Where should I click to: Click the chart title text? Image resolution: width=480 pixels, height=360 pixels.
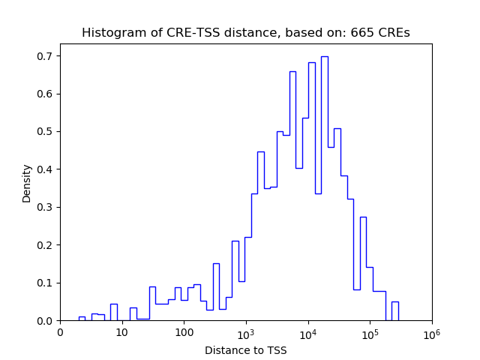tap(245, 33)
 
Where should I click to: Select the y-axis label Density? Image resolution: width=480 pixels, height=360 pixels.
tap(27, 183)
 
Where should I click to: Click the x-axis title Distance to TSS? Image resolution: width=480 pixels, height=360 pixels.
tap(245, 350)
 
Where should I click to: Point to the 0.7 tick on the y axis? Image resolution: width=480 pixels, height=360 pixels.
tap(46, 56)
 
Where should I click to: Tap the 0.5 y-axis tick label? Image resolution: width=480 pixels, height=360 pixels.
tap(46, 132)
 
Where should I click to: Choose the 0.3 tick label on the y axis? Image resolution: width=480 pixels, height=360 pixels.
tap(46, 208)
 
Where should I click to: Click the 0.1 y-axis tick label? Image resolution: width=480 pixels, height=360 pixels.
tap(46, 283)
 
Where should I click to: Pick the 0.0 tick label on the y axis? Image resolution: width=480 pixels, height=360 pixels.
tap(46, 321)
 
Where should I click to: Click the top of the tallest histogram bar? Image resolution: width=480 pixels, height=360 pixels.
tap(324, 57)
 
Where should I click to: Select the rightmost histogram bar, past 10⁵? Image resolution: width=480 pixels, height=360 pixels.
tap(394, 310)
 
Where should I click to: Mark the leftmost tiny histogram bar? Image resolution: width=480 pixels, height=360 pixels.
tap(82, 318)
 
